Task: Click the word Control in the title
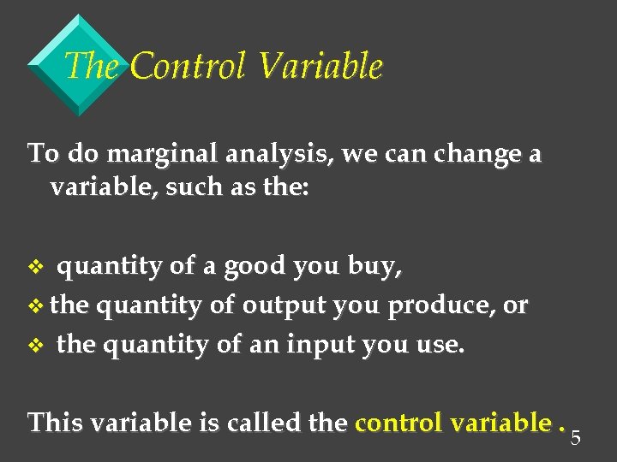pos(189,67)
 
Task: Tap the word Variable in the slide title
pos(320,67)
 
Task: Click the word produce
pos(445,306)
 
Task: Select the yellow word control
pos(397,422)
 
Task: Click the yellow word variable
pos(500,422)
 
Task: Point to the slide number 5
pos(576,439)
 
